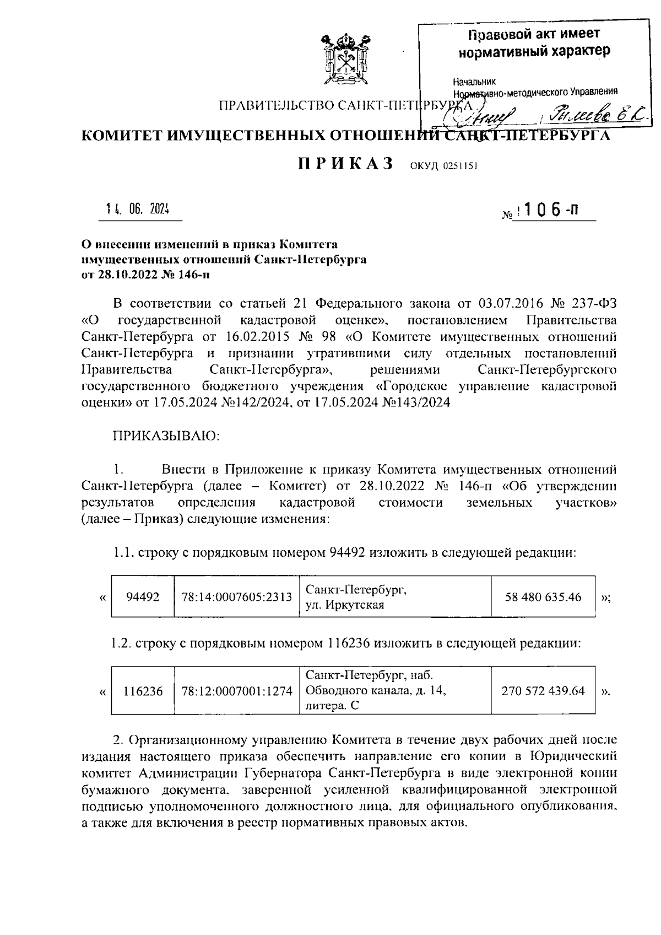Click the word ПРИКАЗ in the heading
click(x=345, y=164)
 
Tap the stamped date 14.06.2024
click(x=138, y=209)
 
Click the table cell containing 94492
click(x=143, y=597)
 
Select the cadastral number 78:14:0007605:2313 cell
click(x=236, y=597)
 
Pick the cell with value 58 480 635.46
click(x=543, y=597)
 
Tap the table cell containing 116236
click(x=143, y=691)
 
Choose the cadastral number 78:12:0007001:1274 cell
click(x=236, y=691)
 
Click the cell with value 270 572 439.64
click(x=543, y=691)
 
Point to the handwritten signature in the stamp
click(x=484, y=115)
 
